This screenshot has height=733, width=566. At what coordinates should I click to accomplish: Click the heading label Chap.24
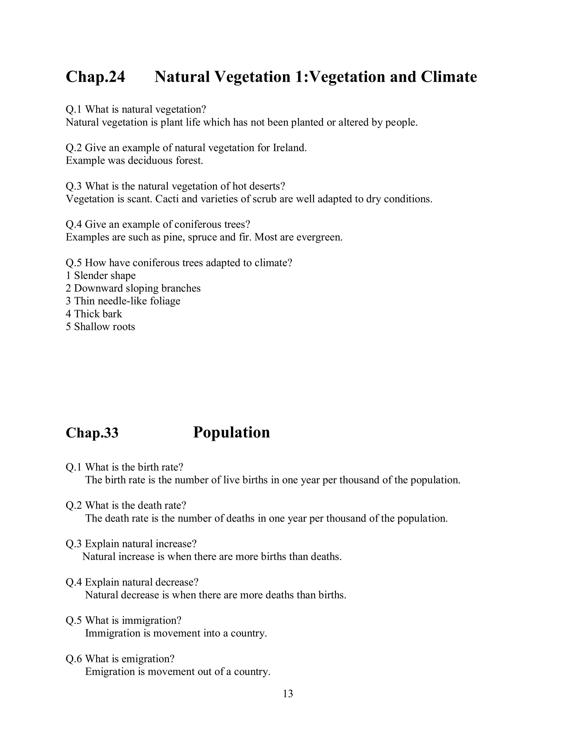(x=95, y=77)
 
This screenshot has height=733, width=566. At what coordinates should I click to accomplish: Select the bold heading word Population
(x=231, y=432)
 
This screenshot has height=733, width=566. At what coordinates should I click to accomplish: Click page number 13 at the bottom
(x=288, y=694)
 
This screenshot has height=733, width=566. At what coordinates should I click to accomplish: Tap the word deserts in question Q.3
(x=267, y=186)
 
